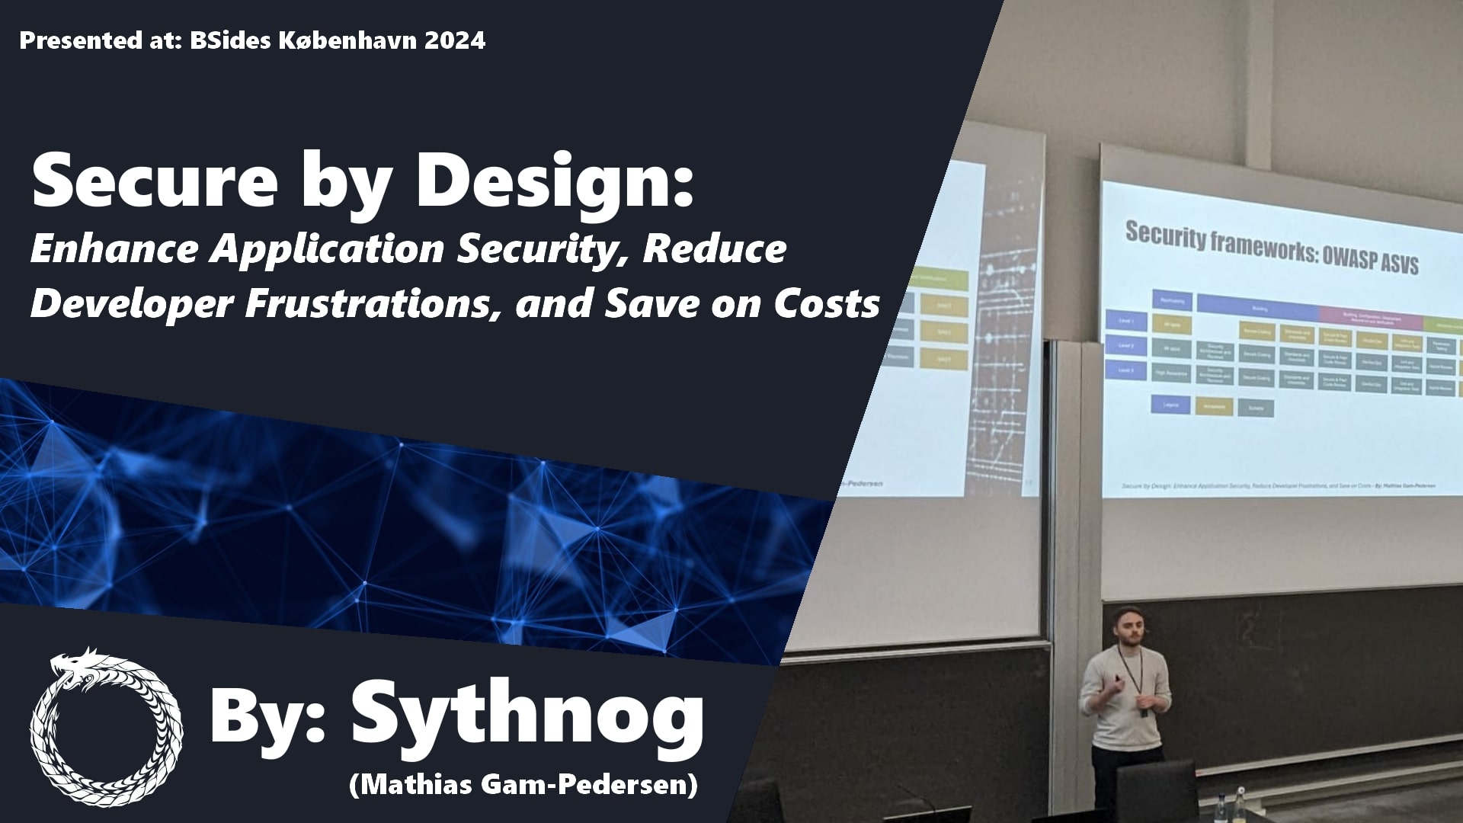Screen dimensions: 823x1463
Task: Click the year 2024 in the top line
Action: pyautogui.click(x=455, y=40)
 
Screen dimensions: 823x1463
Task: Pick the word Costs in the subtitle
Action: pyautogui.click(x=827, y=303)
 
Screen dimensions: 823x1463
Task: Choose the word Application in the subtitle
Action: pyautogui.click(x=327, y=249)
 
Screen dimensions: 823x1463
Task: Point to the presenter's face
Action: pyautogui.click(x=1126, y=628)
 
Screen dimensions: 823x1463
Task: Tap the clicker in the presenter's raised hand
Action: pyautogui.click(x=1116, y=677)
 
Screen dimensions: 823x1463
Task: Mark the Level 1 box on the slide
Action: pyautogui.click(x=1126, y=322)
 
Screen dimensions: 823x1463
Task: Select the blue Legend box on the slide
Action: pyautogui.click(x=1171, y=405)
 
